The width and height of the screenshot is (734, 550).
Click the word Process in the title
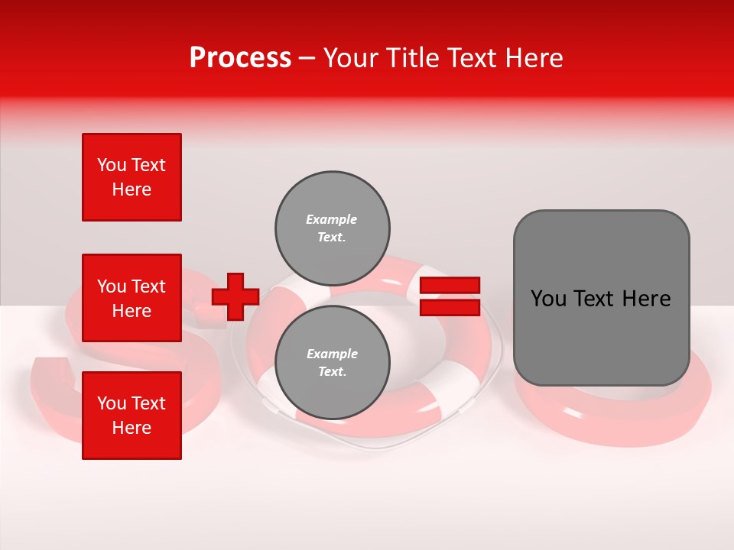tap(240, 58)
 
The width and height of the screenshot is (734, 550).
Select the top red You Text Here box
tap(132, 177)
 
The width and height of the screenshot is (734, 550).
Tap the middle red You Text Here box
tap(132, 298)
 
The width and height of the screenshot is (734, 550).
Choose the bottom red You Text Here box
tap(132, 416)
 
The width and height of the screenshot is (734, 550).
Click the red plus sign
tap(235, 296)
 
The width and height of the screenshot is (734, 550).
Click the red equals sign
tap(450, 296)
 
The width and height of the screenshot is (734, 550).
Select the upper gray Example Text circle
tap(332, 228)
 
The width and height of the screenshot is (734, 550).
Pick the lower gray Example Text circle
tap(332, 363)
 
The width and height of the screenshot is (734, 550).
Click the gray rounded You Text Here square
tap(601, 298)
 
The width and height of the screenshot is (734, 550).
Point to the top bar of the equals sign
tap(450, 286)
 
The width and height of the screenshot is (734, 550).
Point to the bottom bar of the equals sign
tap(450, 307)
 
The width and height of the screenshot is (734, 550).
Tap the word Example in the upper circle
tap(331, 219)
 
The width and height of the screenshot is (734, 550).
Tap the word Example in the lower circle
tap(332, 354)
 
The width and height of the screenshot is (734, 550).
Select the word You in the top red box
tap(112, 165)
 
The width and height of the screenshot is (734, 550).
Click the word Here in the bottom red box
tap(132, 428)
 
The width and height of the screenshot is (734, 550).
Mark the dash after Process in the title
tap(307, 58)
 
